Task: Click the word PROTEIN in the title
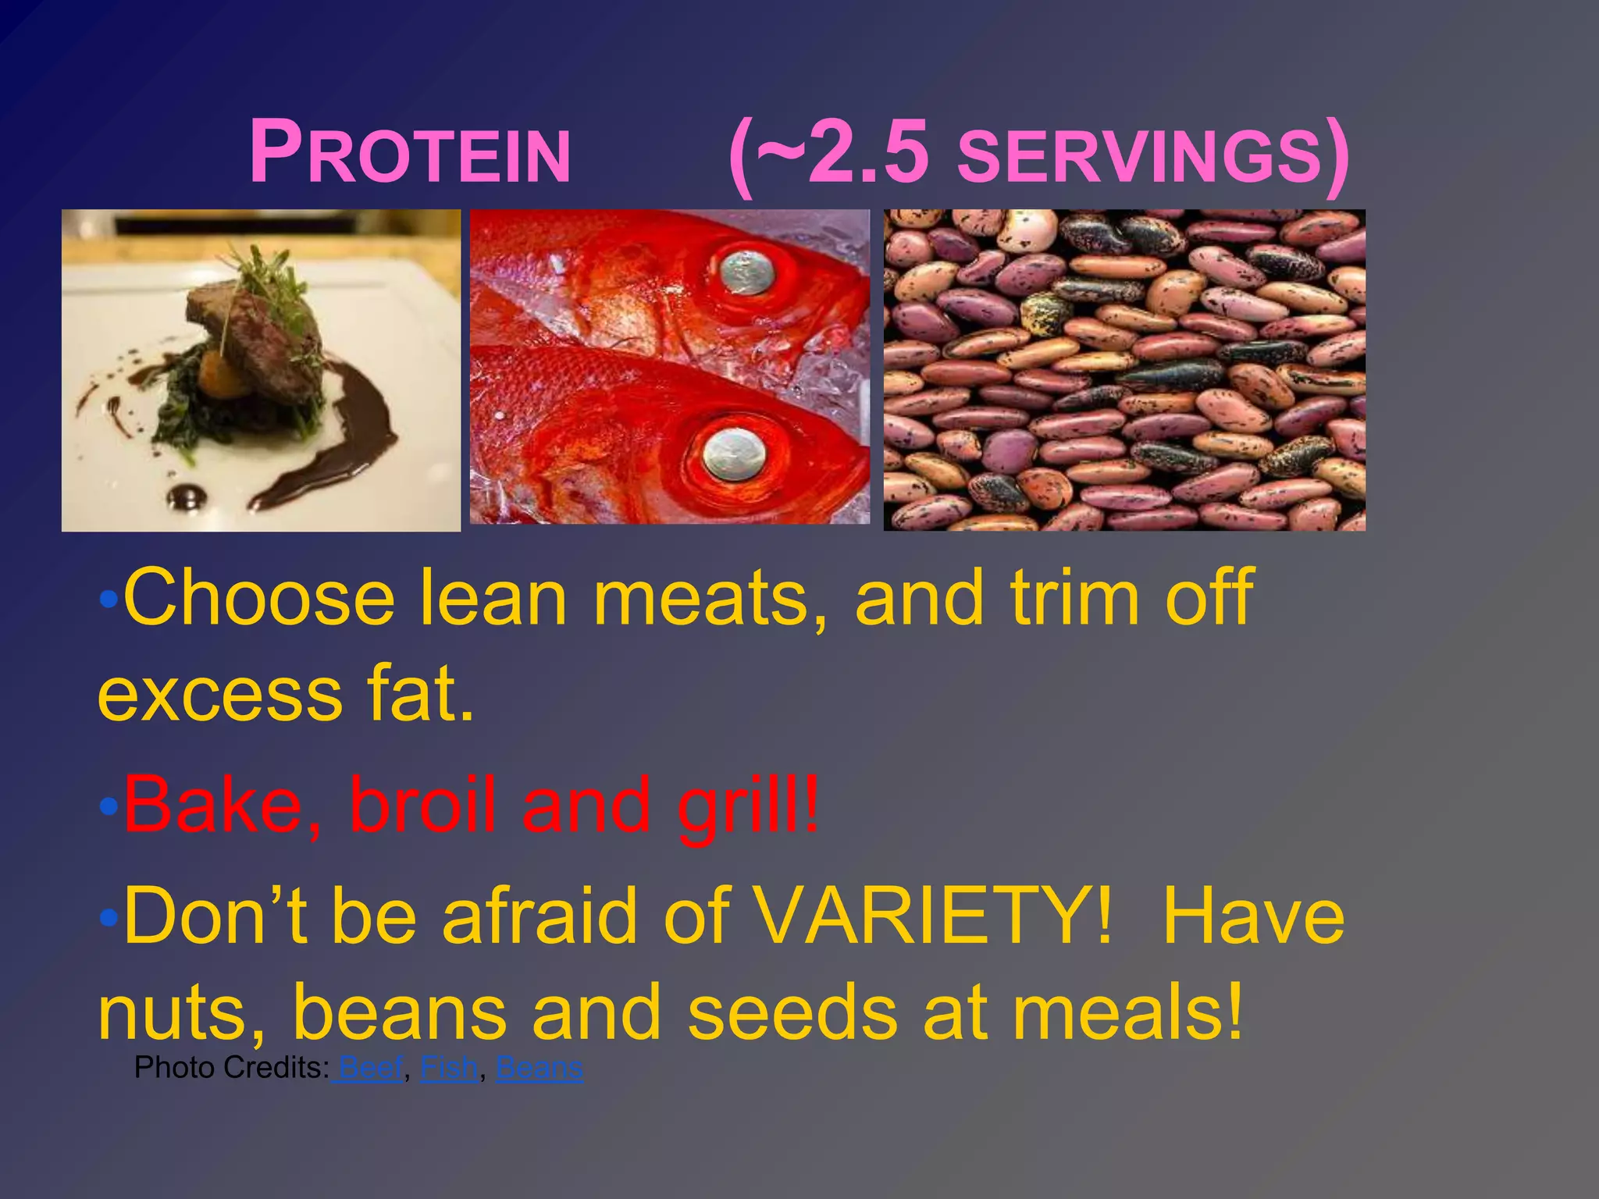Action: (x=410, y=153)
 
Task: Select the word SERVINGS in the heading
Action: (x=1140, y=156)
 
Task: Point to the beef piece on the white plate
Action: (x=258, y=336)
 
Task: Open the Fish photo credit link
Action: (x=449, y=1067)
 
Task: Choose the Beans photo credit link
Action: (x=539, y=1067)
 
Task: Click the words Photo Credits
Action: (x=231, y=1067)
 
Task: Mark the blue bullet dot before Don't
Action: (x=109, y=916)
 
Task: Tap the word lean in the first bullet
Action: (x=493, y=598)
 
